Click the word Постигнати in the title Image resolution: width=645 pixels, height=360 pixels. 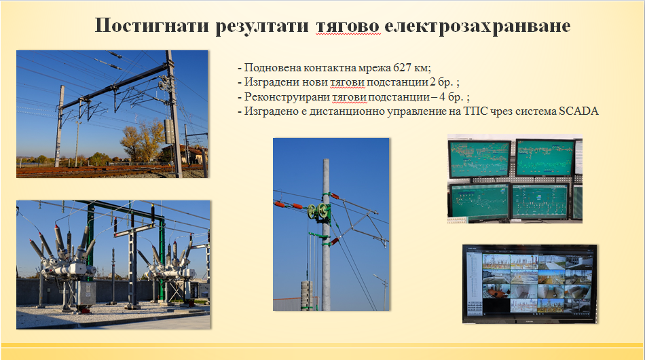[152, 26]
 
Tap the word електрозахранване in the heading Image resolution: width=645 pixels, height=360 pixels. [477, 26]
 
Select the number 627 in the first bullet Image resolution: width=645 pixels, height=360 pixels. [403, 67]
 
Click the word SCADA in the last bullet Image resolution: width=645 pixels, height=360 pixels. [578, 111]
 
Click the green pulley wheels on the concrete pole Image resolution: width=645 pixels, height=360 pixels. [318, 211]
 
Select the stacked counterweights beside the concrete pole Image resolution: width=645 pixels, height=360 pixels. [307, 295]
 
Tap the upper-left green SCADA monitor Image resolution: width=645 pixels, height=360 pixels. [479, 159]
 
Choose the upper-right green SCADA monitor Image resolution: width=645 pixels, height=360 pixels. [545, 158]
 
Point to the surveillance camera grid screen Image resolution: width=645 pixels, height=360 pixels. [530, 284]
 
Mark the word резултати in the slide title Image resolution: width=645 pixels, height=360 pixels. [262, 26]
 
